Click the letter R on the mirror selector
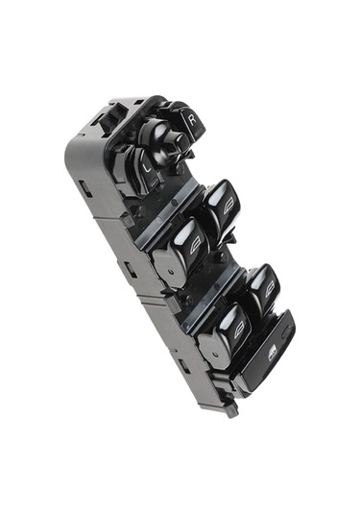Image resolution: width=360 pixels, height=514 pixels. click(193, 119)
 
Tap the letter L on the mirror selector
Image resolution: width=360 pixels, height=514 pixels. click(148, 168)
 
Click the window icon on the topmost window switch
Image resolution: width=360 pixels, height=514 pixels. click(229, 208)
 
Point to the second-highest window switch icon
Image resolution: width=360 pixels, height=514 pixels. click(196, 247)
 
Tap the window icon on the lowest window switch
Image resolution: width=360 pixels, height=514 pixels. click(240, 329)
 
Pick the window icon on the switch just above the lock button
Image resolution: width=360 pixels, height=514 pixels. click(270, 289)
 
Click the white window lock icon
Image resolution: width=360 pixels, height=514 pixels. click(273, 355)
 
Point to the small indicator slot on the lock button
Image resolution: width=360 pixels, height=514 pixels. click(286, 331)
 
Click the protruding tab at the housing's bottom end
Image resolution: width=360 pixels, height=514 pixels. click(231, 410)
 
